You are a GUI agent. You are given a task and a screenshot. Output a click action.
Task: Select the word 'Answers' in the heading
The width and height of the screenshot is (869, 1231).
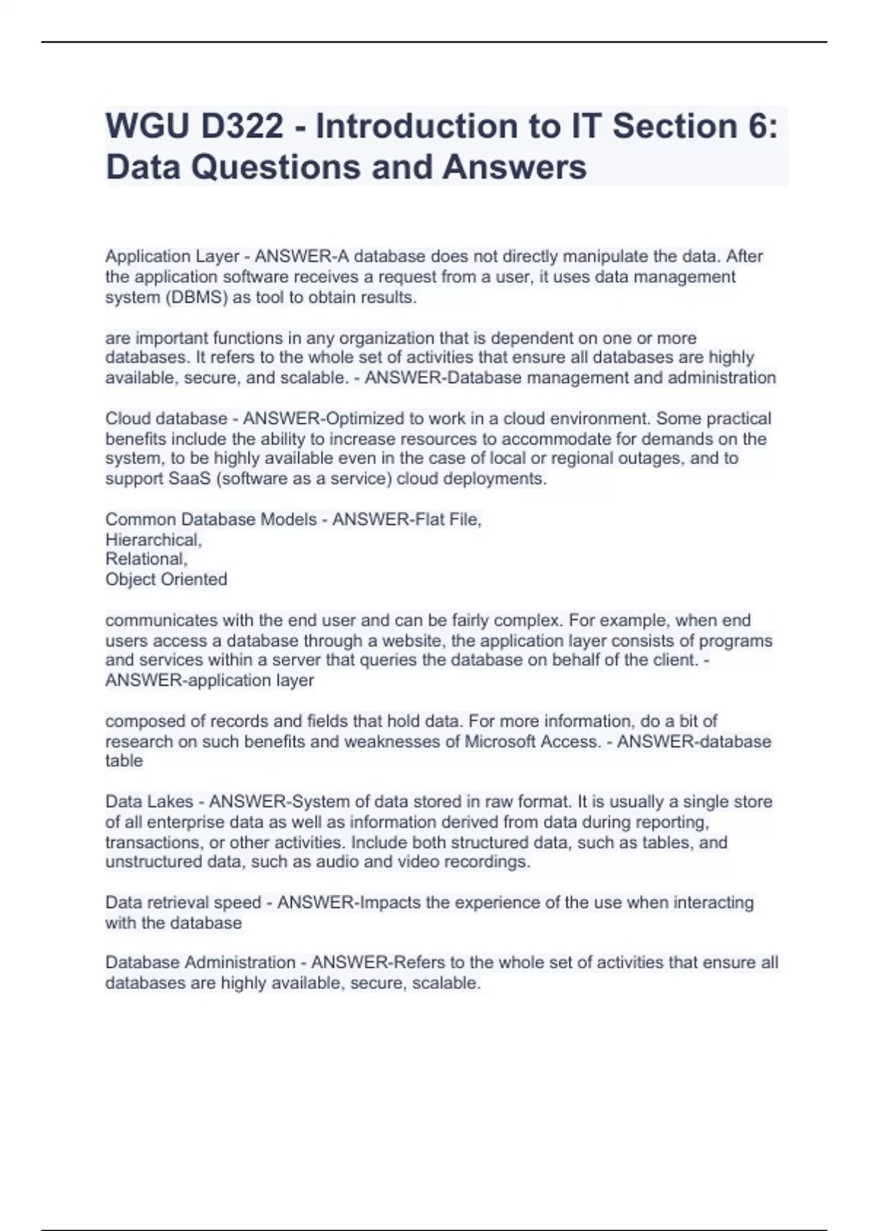tap(514, 167)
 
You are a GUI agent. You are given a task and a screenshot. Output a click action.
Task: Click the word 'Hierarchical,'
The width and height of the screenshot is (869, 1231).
tap(154, 539)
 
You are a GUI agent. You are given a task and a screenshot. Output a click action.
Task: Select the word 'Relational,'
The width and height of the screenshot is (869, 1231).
tap(146, 559)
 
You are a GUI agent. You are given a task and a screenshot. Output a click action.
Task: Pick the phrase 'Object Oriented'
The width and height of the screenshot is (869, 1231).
tap(167, 579)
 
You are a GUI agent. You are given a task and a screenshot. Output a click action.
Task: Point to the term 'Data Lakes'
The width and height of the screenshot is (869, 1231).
tap(149, 802)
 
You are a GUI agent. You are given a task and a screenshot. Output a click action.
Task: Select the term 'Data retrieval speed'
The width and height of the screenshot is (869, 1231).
tap(182, 902)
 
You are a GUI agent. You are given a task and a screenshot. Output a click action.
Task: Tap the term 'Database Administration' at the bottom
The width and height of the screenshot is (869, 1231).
tap(200, 962)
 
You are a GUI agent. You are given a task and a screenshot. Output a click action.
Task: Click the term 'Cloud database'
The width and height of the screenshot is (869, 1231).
tap(167, 419)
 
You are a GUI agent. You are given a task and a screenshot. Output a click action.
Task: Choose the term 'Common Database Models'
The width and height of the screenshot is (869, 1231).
tap(211, 519)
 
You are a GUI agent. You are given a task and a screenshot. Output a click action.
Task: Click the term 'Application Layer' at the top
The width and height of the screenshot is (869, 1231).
tap(172, 256)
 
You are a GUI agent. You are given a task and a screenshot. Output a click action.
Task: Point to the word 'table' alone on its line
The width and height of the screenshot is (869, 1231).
tap(124, 761)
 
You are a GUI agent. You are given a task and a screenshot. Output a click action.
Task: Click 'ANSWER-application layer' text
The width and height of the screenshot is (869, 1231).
tap(209, 681)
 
